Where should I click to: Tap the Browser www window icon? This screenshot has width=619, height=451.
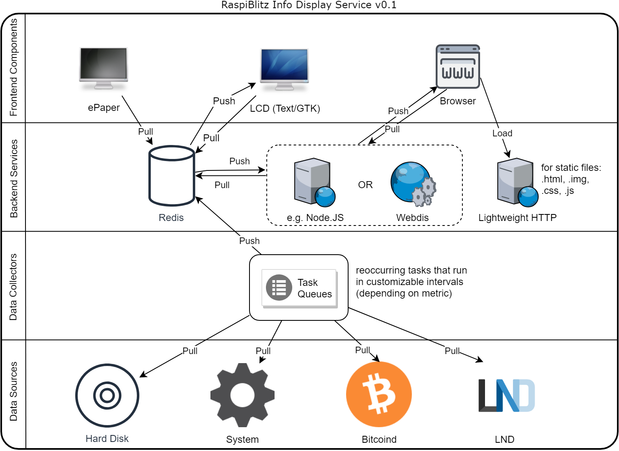tap(457, 67)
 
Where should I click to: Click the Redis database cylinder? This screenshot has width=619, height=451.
tap(171, 176)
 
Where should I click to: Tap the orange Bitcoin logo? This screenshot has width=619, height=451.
tap(379, 394)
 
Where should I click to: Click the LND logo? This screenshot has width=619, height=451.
tap(506, 395)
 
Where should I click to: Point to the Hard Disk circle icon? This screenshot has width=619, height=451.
tap(107, 395)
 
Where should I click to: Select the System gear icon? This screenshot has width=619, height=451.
tap(242, 395)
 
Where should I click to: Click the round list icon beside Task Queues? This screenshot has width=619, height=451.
tap(279, 288)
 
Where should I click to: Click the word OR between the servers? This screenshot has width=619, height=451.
tap(365, 185)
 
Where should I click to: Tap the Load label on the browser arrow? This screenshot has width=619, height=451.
tap(502, 133)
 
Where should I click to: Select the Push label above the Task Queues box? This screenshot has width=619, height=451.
tap(249, 241)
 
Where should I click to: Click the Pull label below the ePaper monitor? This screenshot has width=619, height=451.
tap(145, 131)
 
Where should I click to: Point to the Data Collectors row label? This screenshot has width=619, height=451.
tap(13, 287)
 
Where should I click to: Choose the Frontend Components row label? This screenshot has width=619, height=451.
tap(13, 67)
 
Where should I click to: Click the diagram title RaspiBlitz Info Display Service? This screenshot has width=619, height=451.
tap(309, 5)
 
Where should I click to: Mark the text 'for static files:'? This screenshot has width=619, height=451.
tap(570, 168)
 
